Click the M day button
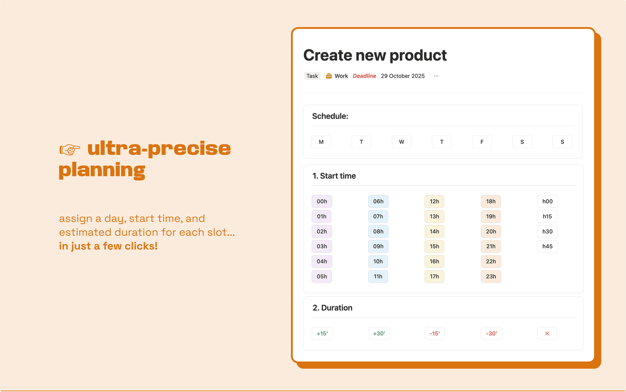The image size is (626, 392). click(x=321, y=142)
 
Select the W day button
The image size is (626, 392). click(x=401, y=142)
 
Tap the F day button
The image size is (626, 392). click(x=482, y=142)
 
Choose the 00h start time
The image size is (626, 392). click(x=322, y=201)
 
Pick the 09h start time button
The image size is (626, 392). click(x=378, y=246)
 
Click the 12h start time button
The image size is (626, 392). click(x=434, y=201)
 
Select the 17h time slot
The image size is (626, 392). click(x=434, y=276)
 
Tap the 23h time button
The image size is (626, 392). click(x=491, y=276)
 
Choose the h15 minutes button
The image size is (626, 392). click(x=547, y=216)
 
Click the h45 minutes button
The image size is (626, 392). click(x=547, y=246)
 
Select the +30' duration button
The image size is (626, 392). click(x=379, y=333)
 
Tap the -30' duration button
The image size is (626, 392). click(x=491, y=333)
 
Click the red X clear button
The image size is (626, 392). click(x=547, y=333)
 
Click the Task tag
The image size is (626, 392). click(x=312, y=76)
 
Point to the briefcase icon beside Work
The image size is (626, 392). click(x=329, y=76)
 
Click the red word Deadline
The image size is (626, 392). click(x=364, y=76)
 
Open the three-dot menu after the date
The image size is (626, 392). click(x=436, y=76)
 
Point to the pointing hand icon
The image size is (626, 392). click(x=70, y=149)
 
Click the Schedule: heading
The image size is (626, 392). click(x=330, y=116)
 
